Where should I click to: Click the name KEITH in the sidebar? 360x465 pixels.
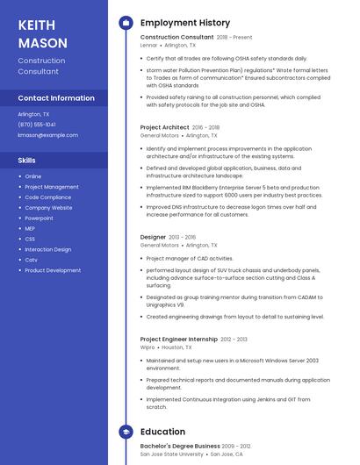tap(36, 25)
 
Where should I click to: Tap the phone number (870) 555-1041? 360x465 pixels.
tap(37, 125)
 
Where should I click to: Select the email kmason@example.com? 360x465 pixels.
tap(47, 135)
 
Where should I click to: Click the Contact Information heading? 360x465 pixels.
tap(56, 98)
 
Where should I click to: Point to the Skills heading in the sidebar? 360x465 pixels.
tap(27, 161)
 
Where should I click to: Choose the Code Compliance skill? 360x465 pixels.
tap(48, 197)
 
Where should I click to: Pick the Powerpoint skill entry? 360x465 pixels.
tap(39, 218)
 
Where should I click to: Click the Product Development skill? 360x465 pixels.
tap(53, 270)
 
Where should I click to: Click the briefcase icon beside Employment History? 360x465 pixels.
tap(126, 23)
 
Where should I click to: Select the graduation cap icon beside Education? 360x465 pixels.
tap(126, 432)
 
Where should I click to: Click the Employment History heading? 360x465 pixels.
tap(185, 23)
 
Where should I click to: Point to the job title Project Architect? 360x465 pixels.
tap(164, 127)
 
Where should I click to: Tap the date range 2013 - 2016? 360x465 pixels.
tap(183, 237)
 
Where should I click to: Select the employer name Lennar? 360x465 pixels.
tap(148, 45)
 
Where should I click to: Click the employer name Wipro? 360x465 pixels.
tap(148, 347)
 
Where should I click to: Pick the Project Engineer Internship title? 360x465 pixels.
tap(179, 339)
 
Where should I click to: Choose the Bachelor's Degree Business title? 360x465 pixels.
tap(180, 446)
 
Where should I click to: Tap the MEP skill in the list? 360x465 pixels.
tap(31, 228)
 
